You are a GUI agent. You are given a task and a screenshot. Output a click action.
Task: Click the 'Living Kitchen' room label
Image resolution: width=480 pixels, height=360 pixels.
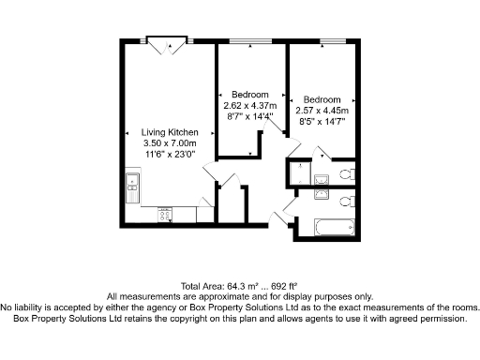point(170,133)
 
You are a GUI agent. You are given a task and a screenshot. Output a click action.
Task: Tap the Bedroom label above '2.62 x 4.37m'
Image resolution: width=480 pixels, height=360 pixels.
point(250,95)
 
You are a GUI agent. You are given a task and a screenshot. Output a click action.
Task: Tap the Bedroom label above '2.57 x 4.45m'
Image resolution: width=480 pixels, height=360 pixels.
point(322,99)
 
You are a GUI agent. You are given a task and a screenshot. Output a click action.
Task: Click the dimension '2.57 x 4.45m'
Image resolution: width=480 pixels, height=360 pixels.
point(322,110)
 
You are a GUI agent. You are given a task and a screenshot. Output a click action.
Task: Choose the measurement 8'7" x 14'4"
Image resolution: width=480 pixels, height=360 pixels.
point(250,115)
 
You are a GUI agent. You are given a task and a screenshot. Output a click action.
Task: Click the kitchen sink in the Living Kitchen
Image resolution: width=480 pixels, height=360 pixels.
point(133,187)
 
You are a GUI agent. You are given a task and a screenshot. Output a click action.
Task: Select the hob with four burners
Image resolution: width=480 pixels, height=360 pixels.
point(165,215)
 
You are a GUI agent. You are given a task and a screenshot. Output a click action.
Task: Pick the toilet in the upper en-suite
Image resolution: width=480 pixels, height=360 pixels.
point(344,174)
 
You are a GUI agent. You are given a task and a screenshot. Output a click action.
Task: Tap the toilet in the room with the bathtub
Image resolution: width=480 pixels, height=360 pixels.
point(345,202)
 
